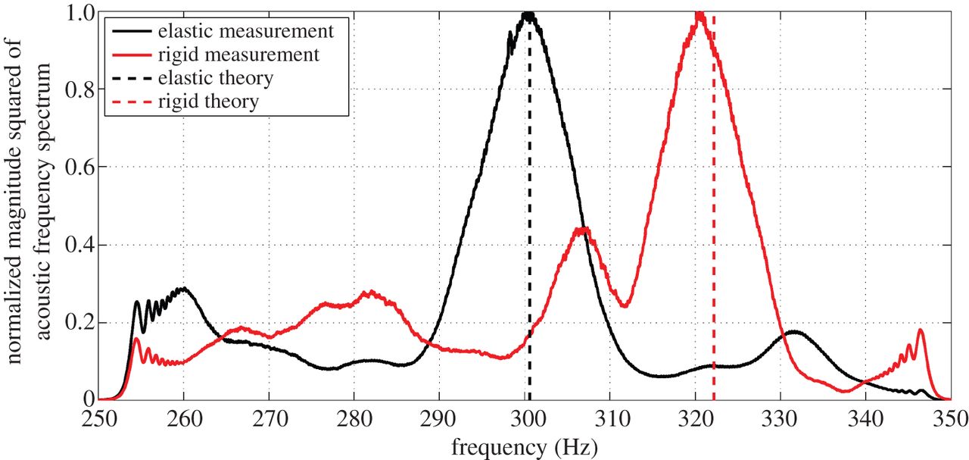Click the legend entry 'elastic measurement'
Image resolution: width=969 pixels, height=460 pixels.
click(x=245, y=32)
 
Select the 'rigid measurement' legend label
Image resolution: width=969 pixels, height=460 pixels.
click(x=238, y=55)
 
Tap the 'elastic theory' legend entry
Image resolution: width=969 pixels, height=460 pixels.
click(x=216, y=78)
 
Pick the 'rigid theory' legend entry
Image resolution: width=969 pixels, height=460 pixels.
click(x=208, y=102)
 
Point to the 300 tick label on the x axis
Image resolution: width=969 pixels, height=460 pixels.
click(x=528, y=418)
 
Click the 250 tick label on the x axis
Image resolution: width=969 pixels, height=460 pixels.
click(x=100, y=418)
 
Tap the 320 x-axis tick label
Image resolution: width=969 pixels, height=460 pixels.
click(x=697, y=418)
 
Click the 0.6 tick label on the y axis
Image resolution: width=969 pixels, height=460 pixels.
click(x=80, y=167)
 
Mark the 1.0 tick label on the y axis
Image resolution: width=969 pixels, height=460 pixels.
click(x=80, y=13)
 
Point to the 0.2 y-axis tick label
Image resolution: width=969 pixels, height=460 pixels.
click(x=80, y=322)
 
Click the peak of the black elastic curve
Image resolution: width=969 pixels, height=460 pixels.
click(x=528, y=14)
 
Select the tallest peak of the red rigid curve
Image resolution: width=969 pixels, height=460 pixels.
click(x=699, y=14)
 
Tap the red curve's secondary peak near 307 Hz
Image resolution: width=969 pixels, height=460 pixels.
click(x=582, y=229)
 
